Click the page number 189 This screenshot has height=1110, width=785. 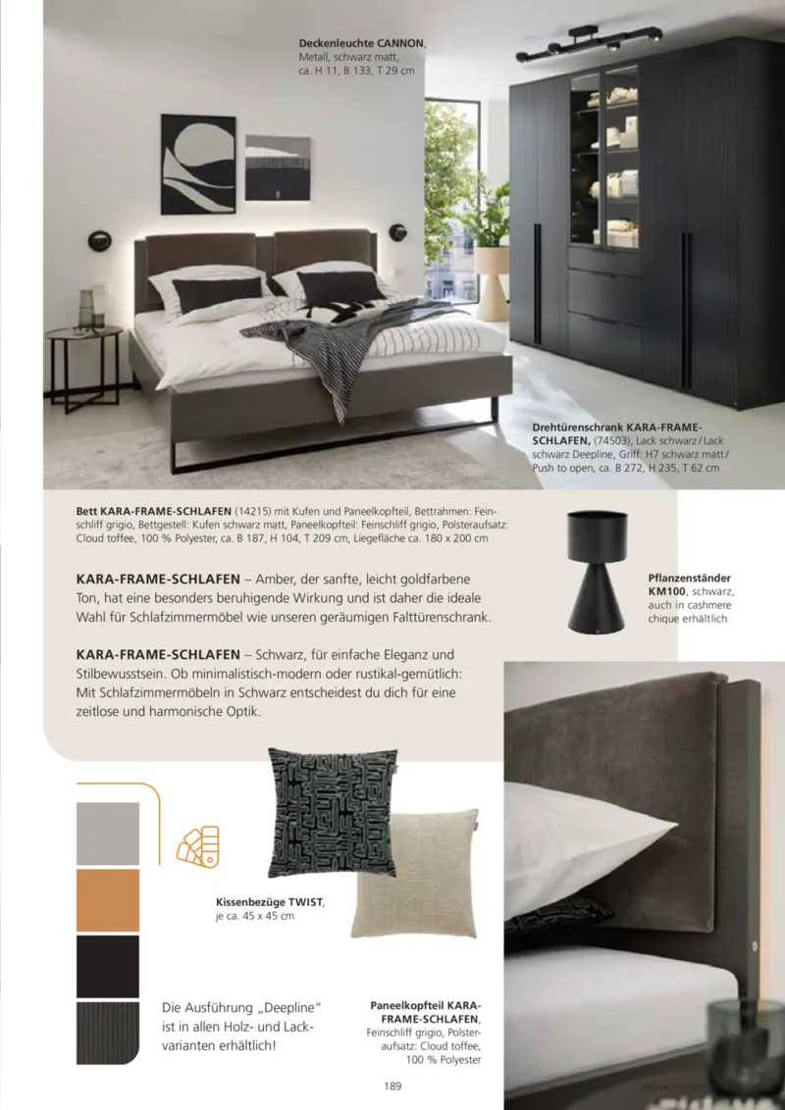[392, 1085]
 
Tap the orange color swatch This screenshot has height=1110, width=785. [108, 900]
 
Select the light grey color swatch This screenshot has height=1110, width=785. [108, 833]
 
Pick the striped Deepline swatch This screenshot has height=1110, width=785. [108, 1034]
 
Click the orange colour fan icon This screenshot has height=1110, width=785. [197, 845]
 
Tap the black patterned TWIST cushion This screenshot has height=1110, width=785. [332, 813]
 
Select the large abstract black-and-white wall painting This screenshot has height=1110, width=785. [198, 164]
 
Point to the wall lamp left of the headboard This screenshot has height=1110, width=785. [100, 239]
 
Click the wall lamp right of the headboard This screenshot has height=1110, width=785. [397, 231]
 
